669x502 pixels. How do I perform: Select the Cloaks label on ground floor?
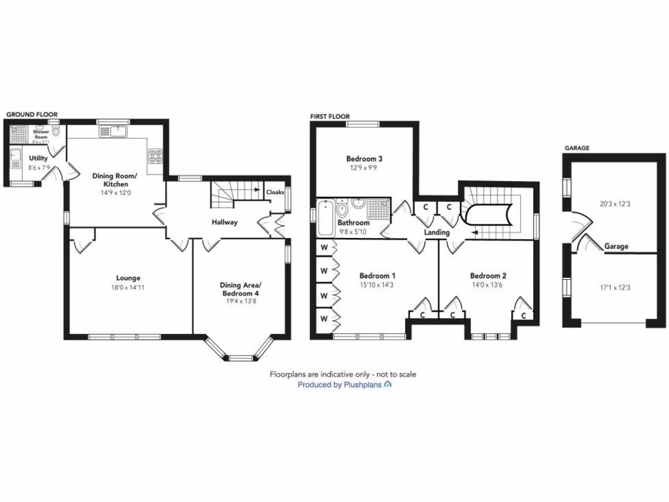tap(274, 192)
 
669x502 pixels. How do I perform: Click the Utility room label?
tap(38, 158)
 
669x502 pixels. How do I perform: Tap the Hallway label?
tap(224, 222)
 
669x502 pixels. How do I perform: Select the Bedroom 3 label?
tap(364, 159)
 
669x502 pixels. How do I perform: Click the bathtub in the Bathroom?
tap(325, 217)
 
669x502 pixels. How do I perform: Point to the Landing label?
tap(436, 232)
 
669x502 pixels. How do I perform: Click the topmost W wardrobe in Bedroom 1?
tap(323, 248)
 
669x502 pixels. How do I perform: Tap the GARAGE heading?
tap(576, 148)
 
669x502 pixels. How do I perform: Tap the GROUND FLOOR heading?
tap(31, 114)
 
